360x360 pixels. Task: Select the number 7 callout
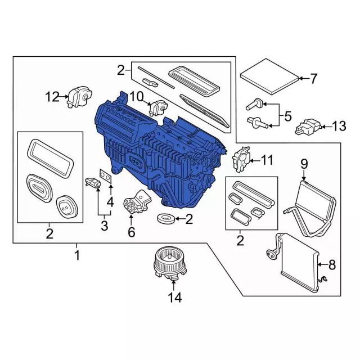[x=313, y=79]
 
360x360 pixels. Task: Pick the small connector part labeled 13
[x=308, y=127]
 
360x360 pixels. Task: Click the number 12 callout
[x=52, y=97]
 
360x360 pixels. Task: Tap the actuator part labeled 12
[x=79, y=98]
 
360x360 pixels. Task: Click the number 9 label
[x=304, y=164]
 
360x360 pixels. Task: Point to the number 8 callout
[x=331, y=263]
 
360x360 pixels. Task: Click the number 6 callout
[x=132, y=231]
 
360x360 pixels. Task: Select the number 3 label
[x=103, y=226]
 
